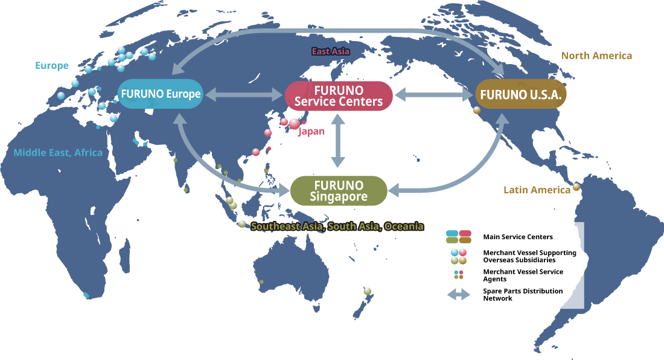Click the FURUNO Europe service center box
click(x=160, y=94)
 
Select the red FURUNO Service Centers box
click(x=338, y=95)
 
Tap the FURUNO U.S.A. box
click(x=521, y=95)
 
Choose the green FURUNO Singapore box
click(x=338, y=190)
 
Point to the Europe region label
click(x=52, y=65)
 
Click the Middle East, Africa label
click(x=58, y=153)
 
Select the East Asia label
click(x=330, y=51)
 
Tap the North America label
click(x=596, y=56)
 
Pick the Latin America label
click(x=537, y=190)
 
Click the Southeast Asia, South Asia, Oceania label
click(x=337, y=227)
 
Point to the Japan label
click(x=311, y=131)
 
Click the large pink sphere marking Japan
click(x=295, y=124)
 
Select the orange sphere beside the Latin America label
click(x=576, y=187)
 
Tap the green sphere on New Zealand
click(x=367, y=291)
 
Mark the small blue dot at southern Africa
click(x=86, y=296)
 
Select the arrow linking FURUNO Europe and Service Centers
click(x=241, y=95)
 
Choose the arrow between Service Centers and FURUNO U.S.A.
click(x=433, y=95)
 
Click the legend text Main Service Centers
click(x=517, y=237)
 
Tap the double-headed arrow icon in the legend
click(x=459, y=295)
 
